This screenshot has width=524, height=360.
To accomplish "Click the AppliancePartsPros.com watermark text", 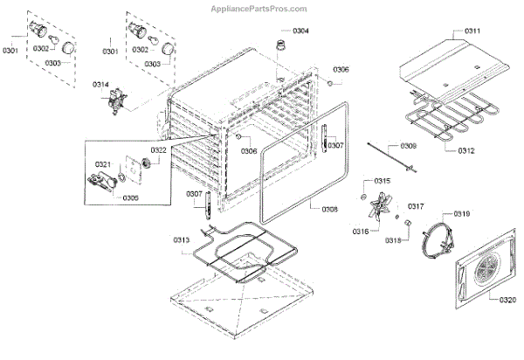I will (x=261, y=7).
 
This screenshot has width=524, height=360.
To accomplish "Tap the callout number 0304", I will (x=300, y=31).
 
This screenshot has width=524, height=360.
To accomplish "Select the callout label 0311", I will (x=472, y=31).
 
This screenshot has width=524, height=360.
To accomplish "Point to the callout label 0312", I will (x=465, y=150).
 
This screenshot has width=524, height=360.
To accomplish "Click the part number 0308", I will (x=328, y=209).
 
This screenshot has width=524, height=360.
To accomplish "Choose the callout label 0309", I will (x=409, y=146).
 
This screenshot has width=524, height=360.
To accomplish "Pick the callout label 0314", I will (x=101, y=85).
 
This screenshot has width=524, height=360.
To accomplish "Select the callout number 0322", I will (x=157, y=150).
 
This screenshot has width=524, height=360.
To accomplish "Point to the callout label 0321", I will (x=102, y=164).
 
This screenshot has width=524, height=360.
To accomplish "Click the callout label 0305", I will (x=131, y=197).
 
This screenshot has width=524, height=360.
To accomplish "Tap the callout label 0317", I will (x=416, y=207).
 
